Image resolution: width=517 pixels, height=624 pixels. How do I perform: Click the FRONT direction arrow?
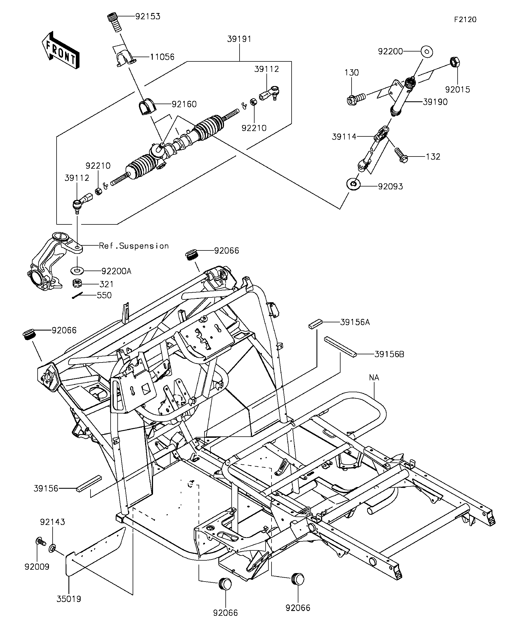click(x=61, y=50)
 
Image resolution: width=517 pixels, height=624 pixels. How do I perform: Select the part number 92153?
click(x=148, y=16)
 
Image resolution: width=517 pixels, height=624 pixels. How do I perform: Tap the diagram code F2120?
click(x=465, y=20)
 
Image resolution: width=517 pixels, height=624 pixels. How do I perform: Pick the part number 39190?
click(x=435, y=102)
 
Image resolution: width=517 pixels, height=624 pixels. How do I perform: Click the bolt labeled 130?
click(x=356, y=98)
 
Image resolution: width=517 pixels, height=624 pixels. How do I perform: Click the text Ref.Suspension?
click(x=133, y=246)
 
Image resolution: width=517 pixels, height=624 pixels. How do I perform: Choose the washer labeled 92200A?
click(x=77, y=271)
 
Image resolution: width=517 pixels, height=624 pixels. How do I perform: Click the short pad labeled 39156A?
click(x=315, y=324)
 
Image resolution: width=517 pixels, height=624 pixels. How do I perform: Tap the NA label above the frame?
click(x=374, y=378)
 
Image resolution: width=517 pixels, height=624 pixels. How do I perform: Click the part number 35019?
click(x=69, y=599)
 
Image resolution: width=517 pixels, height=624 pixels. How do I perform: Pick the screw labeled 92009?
click(x=40, y=542)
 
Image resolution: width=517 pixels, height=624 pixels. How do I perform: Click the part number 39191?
click(x=239, y=39)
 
